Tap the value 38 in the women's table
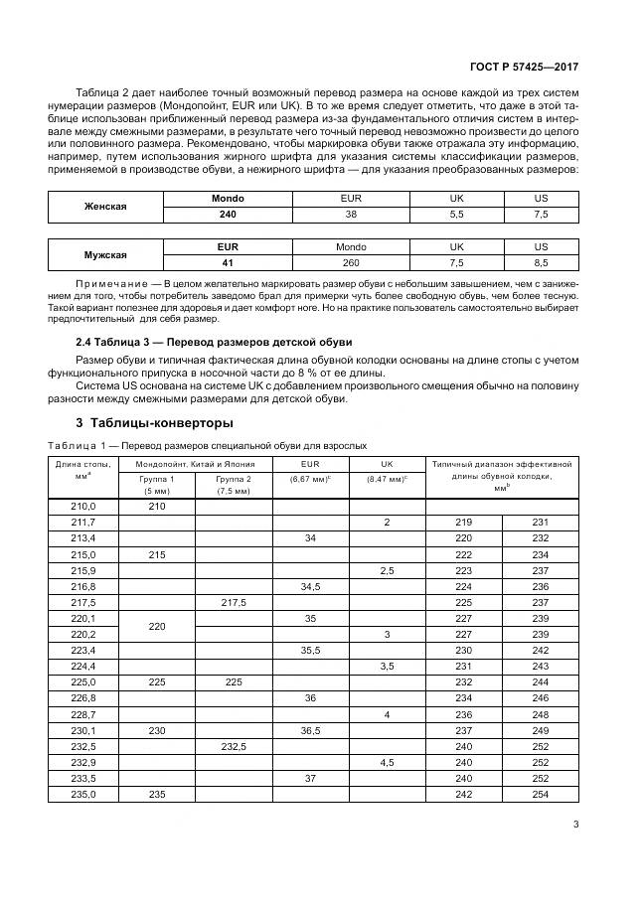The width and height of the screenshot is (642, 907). pyautogui.click(x=351, y=214)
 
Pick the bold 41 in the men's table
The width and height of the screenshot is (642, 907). pyautogui.click(x=228, y=262)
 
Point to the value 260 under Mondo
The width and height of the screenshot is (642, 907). pyautogui.click(x=351, y=262)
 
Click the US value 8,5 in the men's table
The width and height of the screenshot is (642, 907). pyautogui.click(x=541, y=262)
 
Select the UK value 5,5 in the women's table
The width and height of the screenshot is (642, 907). pyautogui.click(x=457, y=214)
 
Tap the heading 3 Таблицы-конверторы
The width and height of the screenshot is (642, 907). pyautogui.click(x=143, y=421)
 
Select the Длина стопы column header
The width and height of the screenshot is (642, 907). pyautogui.click(x=82, y=470)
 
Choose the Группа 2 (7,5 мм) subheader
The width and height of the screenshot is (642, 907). pyautogui.click(x=233, y=484)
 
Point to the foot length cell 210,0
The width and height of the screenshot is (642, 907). pyautogui.click(x=82, y=507)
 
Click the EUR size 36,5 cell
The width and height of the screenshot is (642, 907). pyautogui.click(x=310, y=731)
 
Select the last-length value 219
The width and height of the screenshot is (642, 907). pyautogui.click(x=463, y=522)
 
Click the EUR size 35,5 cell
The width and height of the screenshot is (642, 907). pyautogui.click(x=310, y=650)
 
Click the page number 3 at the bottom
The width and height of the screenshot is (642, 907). pyautogui.click(x=576, y=823)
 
